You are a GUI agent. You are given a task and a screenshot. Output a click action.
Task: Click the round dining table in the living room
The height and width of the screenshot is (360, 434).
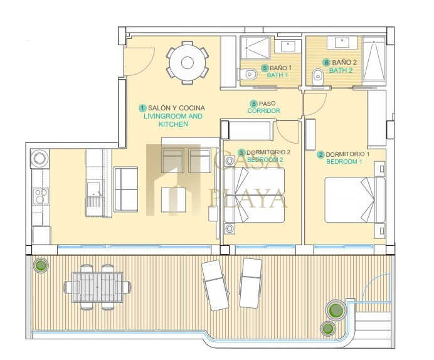(x=188, y=63)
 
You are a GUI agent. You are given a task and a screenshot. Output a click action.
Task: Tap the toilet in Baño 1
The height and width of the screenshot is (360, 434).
(x=248, y=74)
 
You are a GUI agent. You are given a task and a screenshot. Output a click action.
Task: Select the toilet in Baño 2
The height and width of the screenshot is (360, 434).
(x=317, y=78)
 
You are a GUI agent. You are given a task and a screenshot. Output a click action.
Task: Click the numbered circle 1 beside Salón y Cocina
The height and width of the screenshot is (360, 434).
(x=143, y=108)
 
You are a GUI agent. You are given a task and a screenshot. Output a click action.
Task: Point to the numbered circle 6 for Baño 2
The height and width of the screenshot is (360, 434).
(x=327, y=63)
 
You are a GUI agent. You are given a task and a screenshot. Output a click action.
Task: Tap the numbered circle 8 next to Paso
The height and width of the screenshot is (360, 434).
(x=253, y=103)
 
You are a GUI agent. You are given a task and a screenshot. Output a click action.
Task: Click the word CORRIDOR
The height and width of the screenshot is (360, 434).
(x=264, y=110)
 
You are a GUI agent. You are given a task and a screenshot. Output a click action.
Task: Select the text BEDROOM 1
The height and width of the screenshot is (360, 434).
(x=344, y=162)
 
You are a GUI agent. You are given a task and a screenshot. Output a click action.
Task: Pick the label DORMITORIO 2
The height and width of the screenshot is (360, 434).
(x=268, y=152)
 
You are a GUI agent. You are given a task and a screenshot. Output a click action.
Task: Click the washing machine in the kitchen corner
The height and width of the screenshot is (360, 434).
(x=40, y=159)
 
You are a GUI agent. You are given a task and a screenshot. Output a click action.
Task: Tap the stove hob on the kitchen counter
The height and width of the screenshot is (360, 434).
(x=41, y=196)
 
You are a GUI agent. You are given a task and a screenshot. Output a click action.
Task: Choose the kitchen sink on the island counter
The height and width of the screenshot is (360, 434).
(x=94, y=189)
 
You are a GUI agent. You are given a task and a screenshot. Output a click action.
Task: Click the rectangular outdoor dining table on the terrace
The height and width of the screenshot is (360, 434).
(x=97, y=287)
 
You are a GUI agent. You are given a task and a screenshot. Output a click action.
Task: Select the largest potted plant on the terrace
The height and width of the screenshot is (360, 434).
(x=336, y=310)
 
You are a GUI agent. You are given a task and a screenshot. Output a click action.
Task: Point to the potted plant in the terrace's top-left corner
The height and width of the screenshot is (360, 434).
(x=41, y=266)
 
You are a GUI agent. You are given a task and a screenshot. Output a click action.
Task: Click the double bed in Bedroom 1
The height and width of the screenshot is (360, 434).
(x=355, y=200)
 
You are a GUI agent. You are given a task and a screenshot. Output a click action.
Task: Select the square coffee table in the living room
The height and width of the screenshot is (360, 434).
(x=173, y=200)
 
